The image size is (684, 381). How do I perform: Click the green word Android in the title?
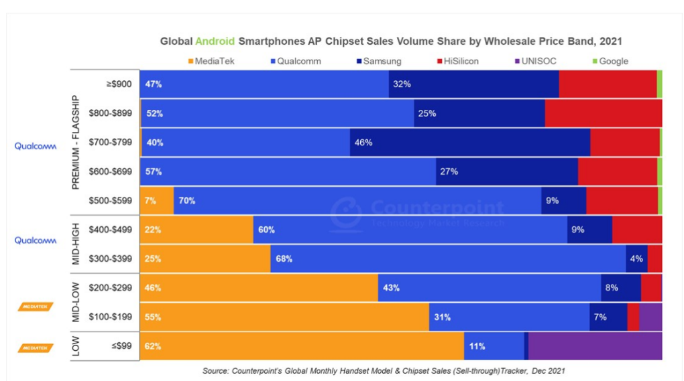coord(215,41)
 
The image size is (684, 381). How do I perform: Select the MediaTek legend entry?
coord(211,61)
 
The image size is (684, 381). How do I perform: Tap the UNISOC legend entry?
coord(534,61)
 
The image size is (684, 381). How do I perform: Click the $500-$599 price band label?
coord(111,200)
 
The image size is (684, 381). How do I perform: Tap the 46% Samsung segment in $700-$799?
coord(470,143)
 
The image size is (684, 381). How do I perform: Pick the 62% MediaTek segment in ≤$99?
coord(302,346)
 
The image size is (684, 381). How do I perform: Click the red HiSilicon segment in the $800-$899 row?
coord(604,113)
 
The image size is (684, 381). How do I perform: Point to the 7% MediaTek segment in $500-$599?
coord(157,200)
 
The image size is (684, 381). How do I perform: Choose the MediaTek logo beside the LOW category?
coord(36,348)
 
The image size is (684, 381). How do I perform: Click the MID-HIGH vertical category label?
coord(75,244)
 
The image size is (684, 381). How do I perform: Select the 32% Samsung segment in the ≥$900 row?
coord(473,84)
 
